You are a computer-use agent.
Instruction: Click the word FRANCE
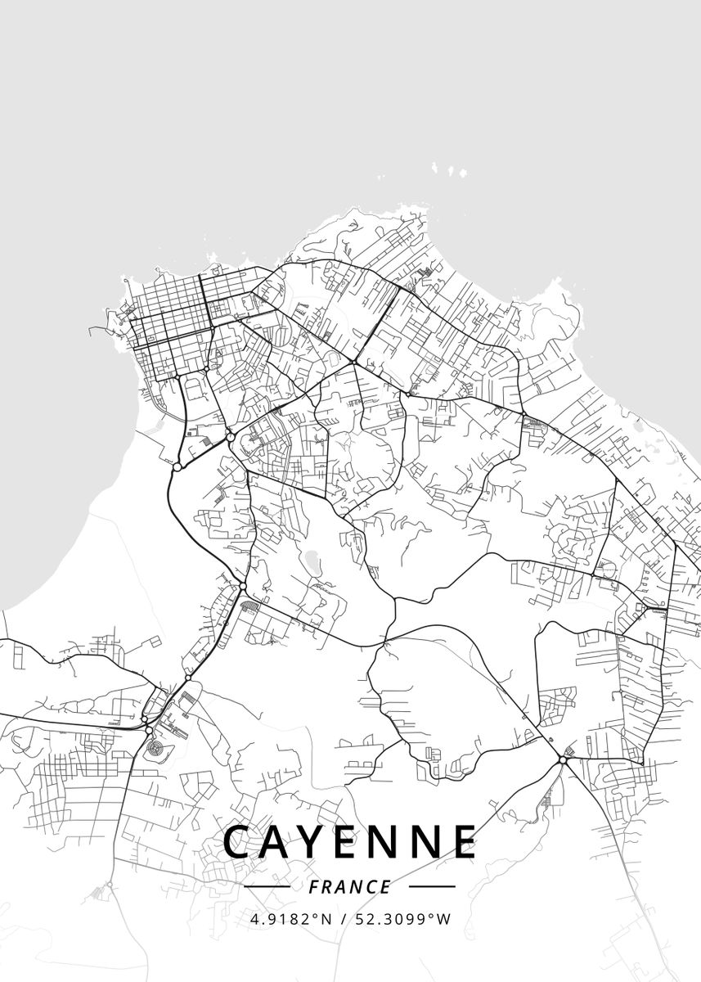[x=350, y=887]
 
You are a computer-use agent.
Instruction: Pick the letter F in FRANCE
[x=316, y=887]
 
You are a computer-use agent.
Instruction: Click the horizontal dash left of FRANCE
[x=267, y=886]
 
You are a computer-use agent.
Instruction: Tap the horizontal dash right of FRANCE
[x=431, y=886]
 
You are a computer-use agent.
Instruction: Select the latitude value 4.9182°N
[x=291, y=919]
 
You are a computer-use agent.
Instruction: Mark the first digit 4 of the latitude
[x=255, y=919]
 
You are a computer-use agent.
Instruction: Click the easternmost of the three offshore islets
[x=463, y=173]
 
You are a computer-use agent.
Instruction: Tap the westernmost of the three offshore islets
[x=437, y=166]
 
